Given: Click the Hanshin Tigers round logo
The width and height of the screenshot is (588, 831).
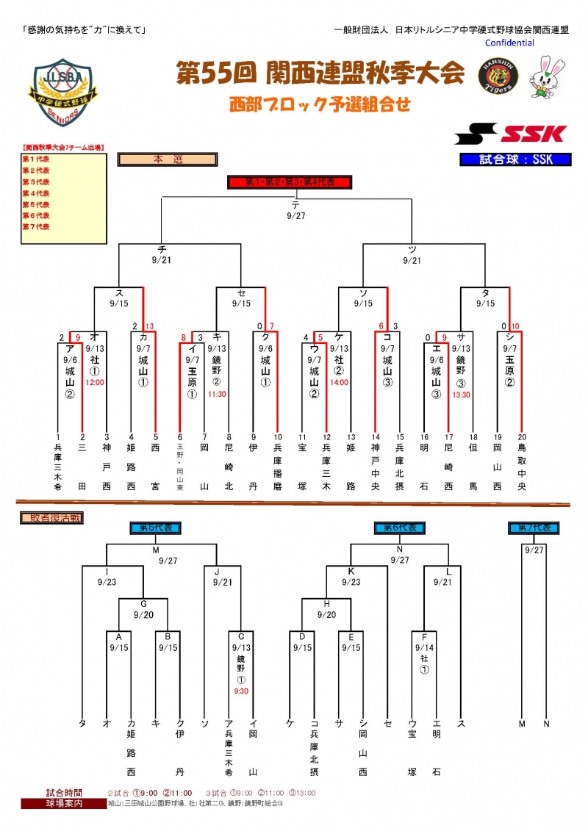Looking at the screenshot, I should pos(499,76).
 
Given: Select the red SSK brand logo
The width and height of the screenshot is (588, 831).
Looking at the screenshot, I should pos(511,134).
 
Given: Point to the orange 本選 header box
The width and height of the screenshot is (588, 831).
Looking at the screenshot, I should pos(167,159).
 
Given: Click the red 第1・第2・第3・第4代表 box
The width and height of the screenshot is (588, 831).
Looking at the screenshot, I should pos(288,182).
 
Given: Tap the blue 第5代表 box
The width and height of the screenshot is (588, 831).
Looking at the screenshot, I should pos(156,528).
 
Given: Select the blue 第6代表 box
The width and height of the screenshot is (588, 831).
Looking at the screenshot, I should pos(400,528).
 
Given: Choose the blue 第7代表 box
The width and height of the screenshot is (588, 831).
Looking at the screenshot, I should pos(534,528).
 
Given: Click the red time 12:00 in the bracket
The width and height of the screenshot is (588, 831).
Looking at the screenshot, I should pos(95,382).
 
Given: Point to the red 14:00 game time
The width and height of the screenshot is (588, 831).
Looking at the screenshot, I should pos(339,382).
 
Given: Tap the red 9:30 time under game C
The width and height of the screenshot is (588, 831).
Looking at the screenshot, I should pos(241,691).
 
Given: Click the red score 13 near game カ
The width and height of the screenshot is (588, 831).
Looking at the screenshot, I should pos(150,326).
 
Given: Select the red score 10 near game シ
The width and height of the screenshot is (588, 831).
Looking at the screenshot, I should pos(515,326).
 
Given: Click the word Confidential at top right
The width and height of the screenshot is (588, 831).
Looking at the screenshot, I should pos(509,43).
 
